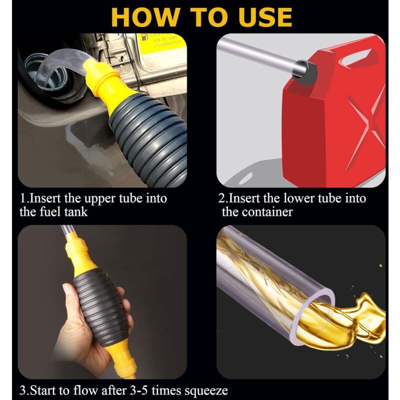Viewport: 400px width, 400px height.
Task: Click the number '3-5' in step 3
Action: point(140,390)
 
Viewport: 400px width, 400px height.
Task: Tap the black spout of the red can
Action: point(305,70)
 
